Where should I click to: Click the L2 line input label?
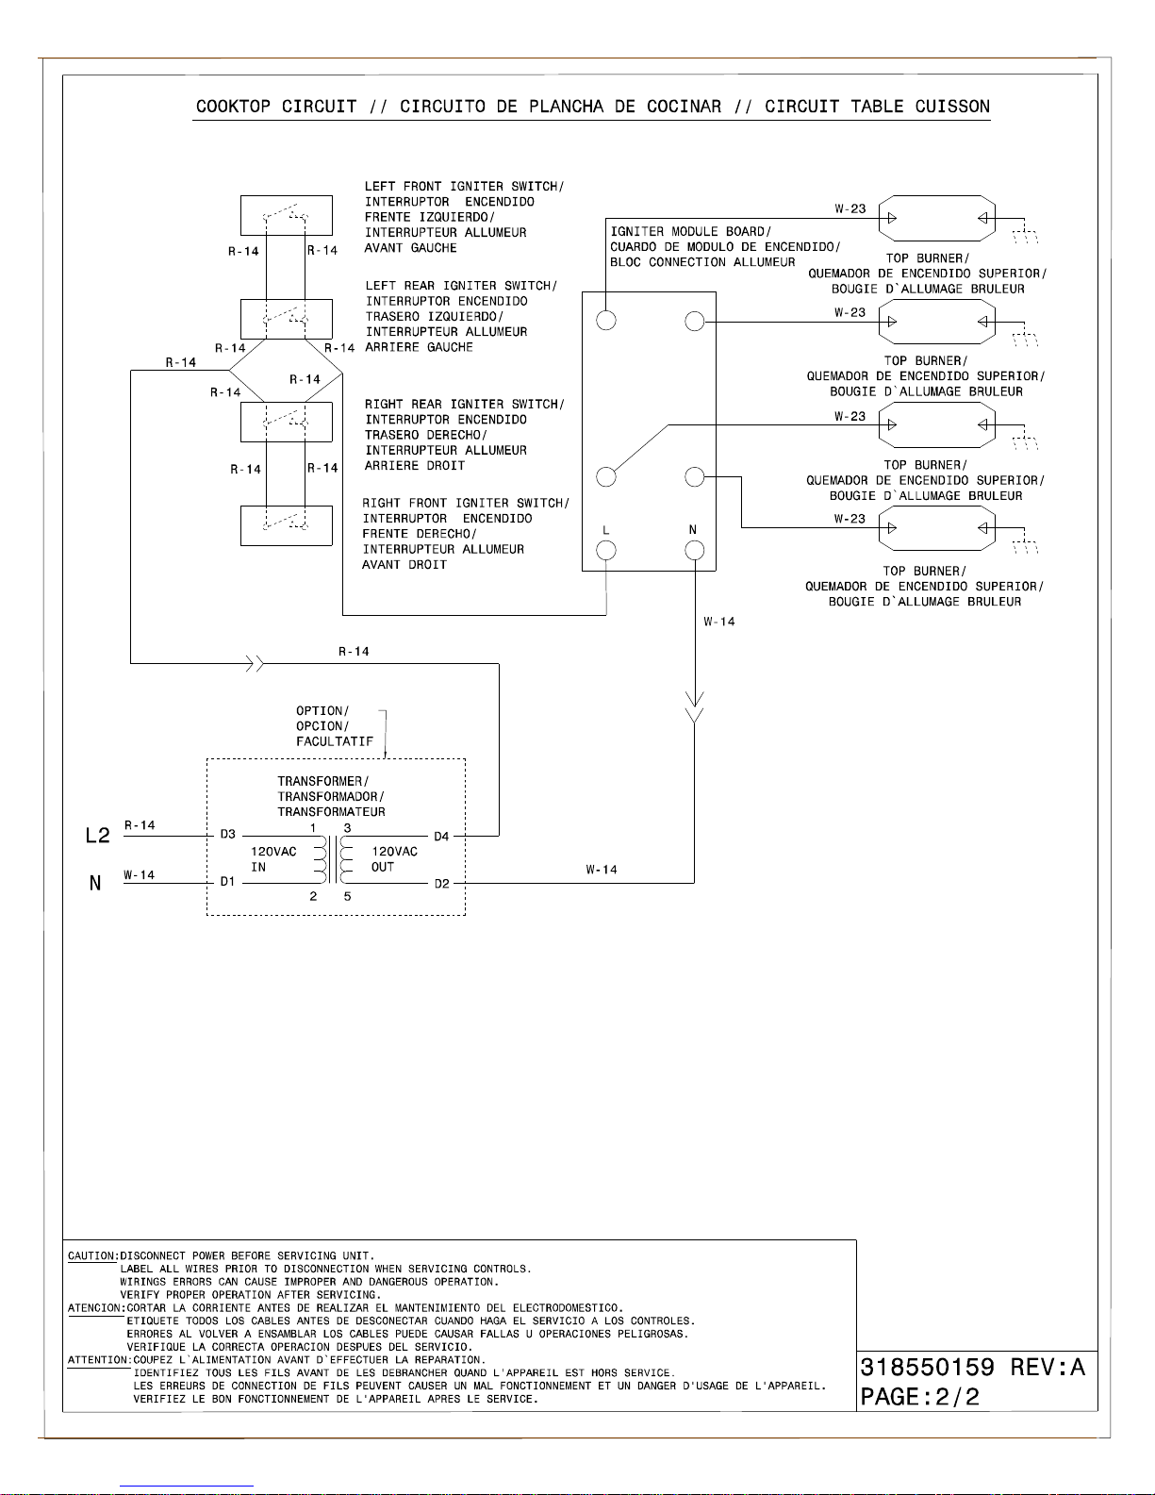pyautogui.click(x=98, y=836)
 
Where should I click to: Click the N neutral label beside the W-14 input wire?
pyautogui.click(x=95, y=884)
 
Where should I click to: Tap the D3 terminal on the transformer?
pyautogui.click(x=228, y=835)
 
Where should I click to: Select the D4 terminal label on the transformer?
pyautogui.click(x=442, y=837)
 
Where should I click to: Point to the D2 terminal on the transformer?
pyautogui.click(x=442, y=884)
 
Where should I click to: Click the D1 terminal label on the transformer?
pyautogui.click(x=228, y=882)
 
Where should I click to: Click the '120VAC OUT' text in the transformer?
pyautogui.click(x=394, y=859)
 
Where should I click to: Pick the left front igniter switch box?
pyautogui.click(x=286, y=215)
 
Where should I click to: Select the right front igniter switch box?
pyautogui.click(x=286, y=525)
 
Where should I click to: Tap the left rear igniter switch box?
pyautogui.click(x=286, y=319)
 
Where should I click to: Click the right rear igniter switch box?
pyautogui.click(x=286, y=422)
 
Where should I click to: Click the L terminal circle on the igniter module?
pyautogui.click(x=606, y=551)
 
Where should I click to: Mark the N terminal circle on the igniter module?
pyautogui.click(x=695, y=551)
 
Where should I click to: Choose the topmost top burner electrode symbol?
pyautogui.click(x=936, y=219)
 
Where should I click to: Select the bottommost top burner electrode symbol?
pyautogui.click(x=936, y=528)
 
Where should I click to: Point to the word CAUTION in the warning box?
pyautogui.click(x=91, y=1256)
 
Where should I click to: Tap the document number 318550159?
pyautogui.click(x=928, y=1368)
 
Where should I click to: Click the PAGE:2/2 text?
pyautogui.click(x=920, y=1397)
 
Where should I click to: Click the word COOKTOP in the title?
pyautogui.click(x=233, y=107)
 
